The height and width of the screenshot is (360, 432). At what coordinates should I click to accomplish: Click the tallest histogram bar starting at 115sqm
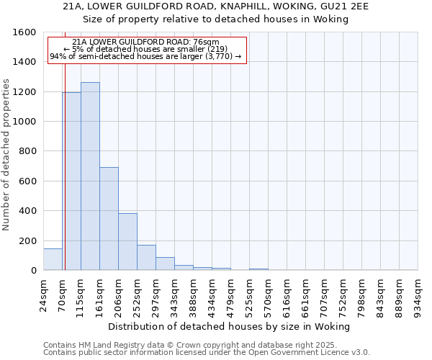tap(90, 176)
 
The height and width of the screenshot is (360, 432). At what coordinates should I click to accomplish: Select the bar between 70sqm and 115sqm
tap(71, 181)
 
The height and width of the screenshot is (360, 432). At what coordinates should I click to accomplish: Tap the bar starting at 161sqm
tap(109, 219)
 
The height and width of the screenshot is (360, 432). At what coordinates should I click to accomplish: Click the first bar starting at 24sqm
tap(53, 260)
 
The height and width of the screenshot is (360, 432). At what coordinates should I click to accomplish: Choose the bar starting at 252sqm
tap(146, 258)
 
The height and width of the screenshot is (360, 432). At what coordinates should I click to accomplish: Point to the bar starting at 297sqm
tap(165, 264)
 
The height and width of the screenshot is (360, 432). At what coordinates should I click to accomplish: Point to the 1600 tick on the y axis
tap(25, 32)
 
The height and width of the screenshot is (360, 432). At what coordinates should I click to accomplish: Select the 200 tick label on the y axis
tap(28, 240)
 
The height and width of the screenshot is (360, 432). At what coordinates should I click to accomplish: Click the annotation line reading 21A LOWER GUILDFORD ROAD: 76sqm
tap(146, 42)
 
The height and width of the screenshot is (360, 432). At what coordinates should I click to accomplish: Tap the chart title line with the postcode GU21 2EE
tap(216, 6)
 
